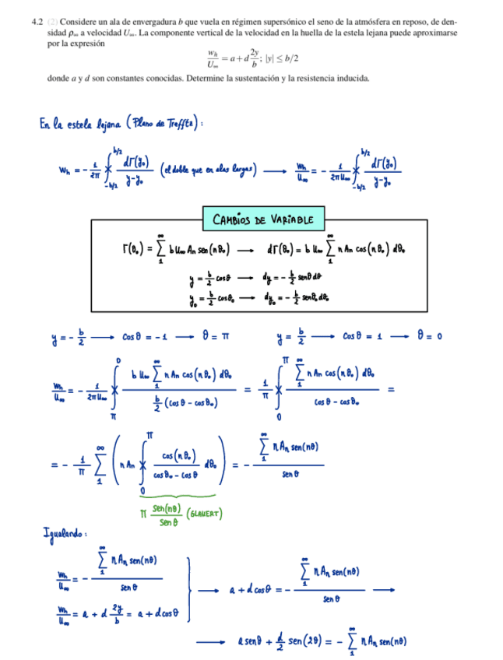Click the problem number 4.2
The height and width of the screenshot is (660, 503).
pyautogui.click(x=37, y=24)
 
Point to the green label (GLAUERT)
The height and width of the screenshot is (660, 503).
pyautogui.click(x=204, y=513)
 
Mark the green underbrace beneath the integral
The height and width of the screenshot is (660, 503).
pyautogui.click(x=180, y=494)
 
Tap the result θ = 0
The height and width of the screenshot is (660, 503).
pyautogui.click(x=429, y=337)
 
